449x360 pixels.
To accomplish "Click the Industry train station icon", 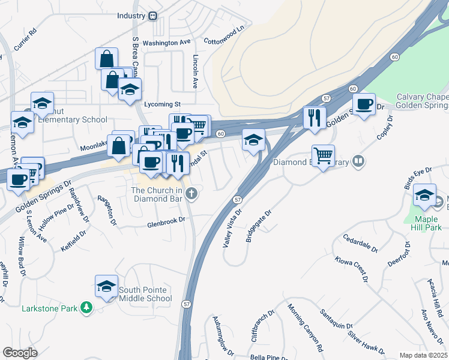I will tap(153, 16).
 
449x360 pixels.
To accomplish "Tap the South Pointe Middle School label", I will tap(145, 294).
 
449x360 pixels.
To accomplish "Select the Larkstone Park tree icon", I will tap(87, 308).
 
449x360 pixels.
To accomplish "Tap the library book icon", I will tap(358, 161).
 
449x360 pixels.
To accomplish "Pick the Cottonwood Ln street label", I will tap(225, 36).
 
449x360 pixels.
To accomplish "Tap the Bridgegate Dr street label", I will tap(259, 225).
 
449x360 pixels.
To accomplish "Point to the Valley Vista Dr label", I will tap(232, 228).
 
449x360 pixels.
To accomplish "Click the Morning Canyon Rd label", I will tap(306, 327).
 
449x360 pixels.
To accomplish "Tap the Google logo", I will tap(20, 353).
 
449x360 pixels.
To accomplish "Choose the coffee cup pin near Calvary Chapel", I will tap(364, 105).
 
